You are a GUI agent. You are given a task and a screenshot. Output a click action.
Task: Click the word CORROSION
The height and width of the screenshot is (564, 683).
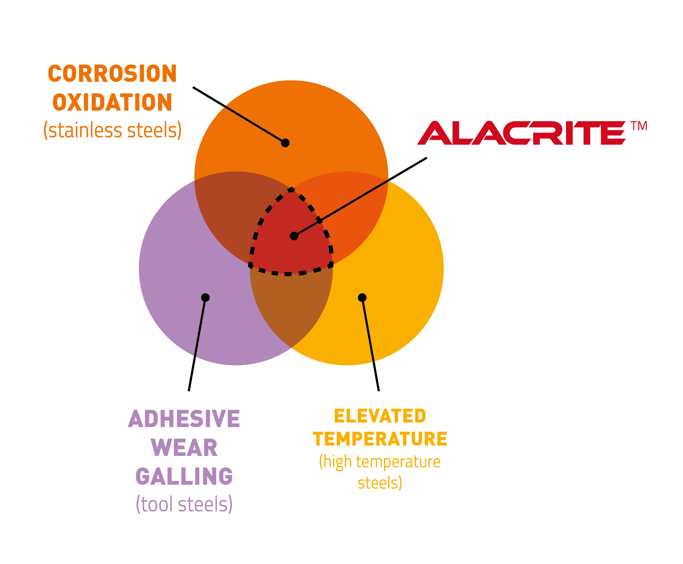tap(112, 74)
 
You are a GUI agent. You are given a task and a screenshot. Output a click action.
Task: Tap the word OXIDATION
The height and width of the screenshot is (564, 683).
tap(112, 102)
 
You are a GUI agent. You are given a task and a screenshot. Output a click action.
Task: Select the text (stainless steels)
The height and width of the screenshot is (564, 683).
tap(112, 130)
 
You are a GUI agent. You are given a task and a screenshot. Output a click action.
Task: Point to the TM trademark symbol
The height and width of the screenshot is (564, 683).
tap(639, 126)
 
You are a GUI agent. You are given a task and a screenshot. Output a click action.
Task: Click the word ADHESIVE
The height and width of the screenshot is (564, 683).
tap(184, 419)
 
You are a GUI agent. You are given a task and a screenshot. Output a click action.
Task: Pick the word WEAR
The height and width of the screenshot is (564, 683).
tap(184, 448)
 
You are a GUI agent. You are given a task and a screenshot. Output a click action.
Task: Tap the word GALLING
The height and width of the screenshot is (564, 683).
tap(184, 476)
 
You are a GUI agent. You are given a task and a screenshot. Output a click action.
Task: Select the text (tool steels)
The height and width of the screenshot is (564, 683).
tap(184, 504)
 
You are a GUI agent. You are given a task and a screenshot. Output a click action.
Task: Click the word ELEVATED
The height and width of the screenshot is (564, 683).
tap(379, 416)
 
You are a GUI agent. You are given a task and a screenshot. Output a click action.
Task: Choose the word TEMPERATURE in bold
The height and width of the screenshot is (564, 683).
tap(379, 439)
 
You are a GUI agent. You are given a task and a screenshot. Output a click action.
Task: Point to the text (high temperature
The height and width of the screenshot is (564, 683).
tap(379, 462)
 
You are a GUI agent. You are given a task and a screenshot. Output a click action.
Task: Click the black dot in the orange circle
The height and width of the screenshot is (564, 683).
tap(285, 143)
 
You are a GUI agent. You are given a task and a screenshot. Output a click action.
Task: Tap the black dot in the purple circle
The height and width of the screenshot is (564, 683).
tap(205, 298)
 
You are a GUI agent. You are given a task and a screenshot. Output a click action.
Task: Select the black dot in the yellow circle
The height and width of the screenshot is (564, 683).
tap(362, 298)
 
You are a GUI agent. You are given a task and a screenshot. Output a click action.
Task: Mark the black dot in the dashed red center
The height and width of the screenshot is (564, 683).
tap(294, 236)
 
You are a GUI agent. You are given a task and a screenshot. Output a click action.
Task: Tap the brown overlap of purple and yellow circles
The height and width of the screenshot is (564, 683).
tap(291, 309)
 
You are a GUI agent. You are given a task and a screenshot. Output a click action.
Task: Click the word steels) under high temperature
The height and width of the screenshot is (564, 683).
tap(379, 483)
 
